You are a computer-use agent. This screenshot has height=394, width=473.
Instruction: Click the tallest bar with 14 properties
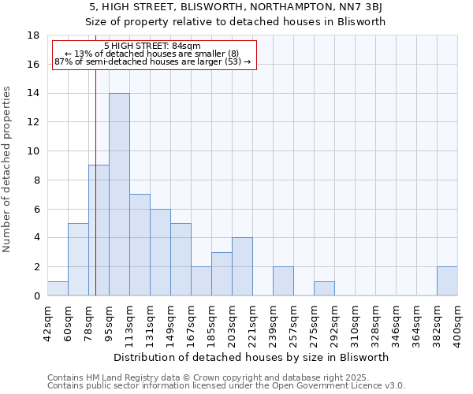pyautogui.click(x=119, y=195)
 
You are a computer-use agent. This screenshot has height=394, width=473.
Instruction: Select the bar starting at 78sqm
pyautogui.click(x=99, y=230)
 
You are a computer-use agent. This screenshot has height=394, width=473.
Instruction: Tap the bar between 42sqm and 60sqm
pyautogui.click(x=58, y=288)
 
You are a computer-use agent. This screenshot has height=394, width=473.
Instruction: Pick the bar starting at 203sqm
pyautogui.click(x=242, y=266)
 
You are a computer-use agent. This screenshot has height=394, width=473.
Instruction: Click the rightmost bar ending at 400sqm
pyautogui.click(x=447, y=281)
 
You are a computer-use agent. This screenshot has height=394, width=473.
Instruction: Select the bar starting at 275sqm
pyautogui.click(x=324, y=288)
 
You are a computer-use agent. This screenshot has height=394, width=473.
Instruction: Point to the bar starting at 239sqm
pyautogui.click(x=283, y=281)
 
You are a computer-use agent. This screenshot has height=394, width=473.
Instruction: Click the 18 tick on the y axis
pyautogui.click(x=33, y=35)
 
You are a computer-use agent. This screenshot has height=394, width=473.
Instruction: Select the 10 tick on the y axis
pyautogui.click(x=33, y=151)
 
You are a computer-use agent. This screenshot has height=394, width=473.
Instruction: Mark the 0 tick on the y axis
pyautogui.click(x=35, y=296)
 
